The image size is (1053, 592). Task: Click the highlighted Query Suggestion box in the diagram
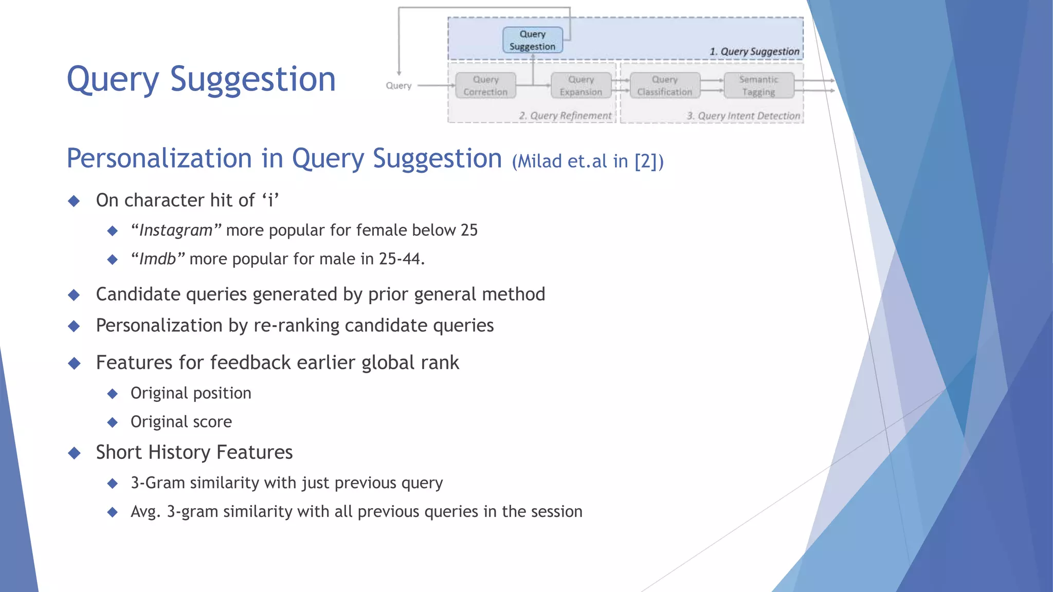pyautogui.click(x=533, y=40)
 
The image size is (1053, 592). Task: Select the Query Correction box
pyautogui.click(x=485, y=86)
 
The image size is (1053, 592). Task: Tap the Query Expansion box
pyautogui.click(x=580, y=86)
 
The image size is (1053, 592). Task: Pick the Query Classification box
pyautogui.click(x=665, y=86)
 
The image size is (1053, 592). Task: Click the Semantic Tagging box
pyautogui.click(x=758, y=86)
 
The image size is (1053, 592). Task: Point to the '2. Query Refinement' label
pyautogui.click(x=565, y=116)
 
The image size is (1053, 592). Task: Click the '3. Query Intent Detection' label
pyautogui.click(x=743, y=116)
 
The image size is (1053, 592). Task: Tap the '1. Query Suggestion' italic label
pyautogui.click(x=754, y=51)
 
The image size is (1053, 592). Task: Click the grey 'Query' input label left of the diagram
pyautogui.click(x=398, y=86)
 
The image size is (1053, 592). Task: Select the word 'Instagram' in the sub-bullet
pyautogui.click(x=176, y=230)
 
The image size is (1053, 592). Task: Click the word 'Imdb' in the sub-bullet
pyautogui.click(x=158, y=259)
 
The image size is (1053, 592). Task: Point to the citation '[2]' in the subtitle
pyautogui.click(x=646, y=161)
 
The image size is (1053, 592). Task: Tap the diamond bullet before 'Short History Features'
pyautogui.click(x=75, y=453)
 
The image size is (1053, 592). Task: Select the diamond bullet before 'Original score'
pyautogui.click(x=113, y=422)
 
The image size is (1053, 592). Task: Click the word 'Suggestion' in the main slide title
pyautogui.click(x=252, y=80)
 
